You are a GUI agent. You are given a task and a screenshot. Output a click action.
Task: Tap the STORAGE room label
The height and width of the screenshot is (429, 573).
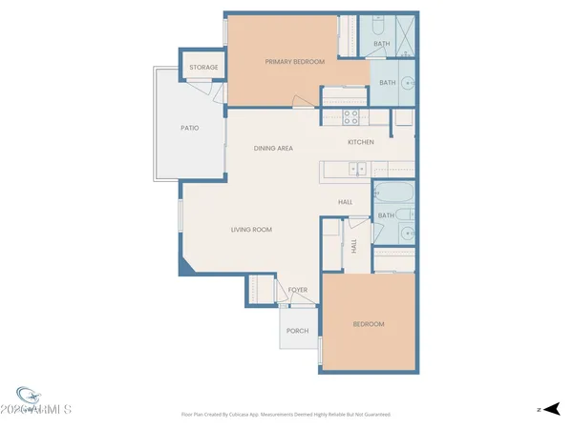tap(203, 68)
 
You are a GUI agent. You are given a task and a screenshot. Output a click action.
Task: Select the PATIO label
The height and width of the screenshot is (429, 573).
tap(190, 128)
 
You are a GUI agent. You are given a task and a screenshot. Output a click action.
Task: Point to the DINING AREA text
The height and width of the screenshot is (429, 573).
tap(273, 149)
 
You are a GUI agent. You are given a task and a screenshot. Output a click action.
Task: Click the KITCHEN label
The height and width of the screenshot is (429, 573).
tap(360, 142)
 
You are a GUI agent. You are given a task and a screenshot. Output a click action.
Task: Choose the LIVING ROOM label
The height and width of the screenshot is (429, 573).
tap(252, 230)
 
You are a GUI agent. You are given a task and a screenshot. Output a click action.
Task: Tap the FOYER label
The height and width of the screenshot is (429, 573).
tap(298, 290)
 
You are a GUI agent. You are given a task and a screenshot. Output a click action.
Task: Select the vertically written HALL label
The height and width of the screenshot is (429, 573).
tap(353, 246)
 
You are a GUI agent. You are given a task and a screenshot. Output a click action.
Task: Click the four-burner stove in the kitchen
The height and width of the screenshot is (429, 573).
tap(350, 117)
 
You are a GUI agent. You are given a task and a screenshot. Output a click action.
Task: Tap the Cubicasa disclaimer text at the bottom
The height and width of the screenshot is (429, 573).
tap(286, 415)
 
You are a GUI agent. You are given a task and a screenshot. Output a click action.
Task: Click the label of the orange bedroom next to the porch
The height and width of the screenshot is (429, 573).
tap(369, 325)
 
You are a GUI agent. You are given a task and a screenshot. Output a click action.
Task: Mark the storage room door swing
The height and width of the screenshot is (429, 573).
tap(200, 89)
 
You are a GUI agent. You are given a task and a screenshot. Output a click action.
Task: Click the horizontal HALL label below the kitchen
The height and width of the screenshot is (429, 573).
tap(346, 202)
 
